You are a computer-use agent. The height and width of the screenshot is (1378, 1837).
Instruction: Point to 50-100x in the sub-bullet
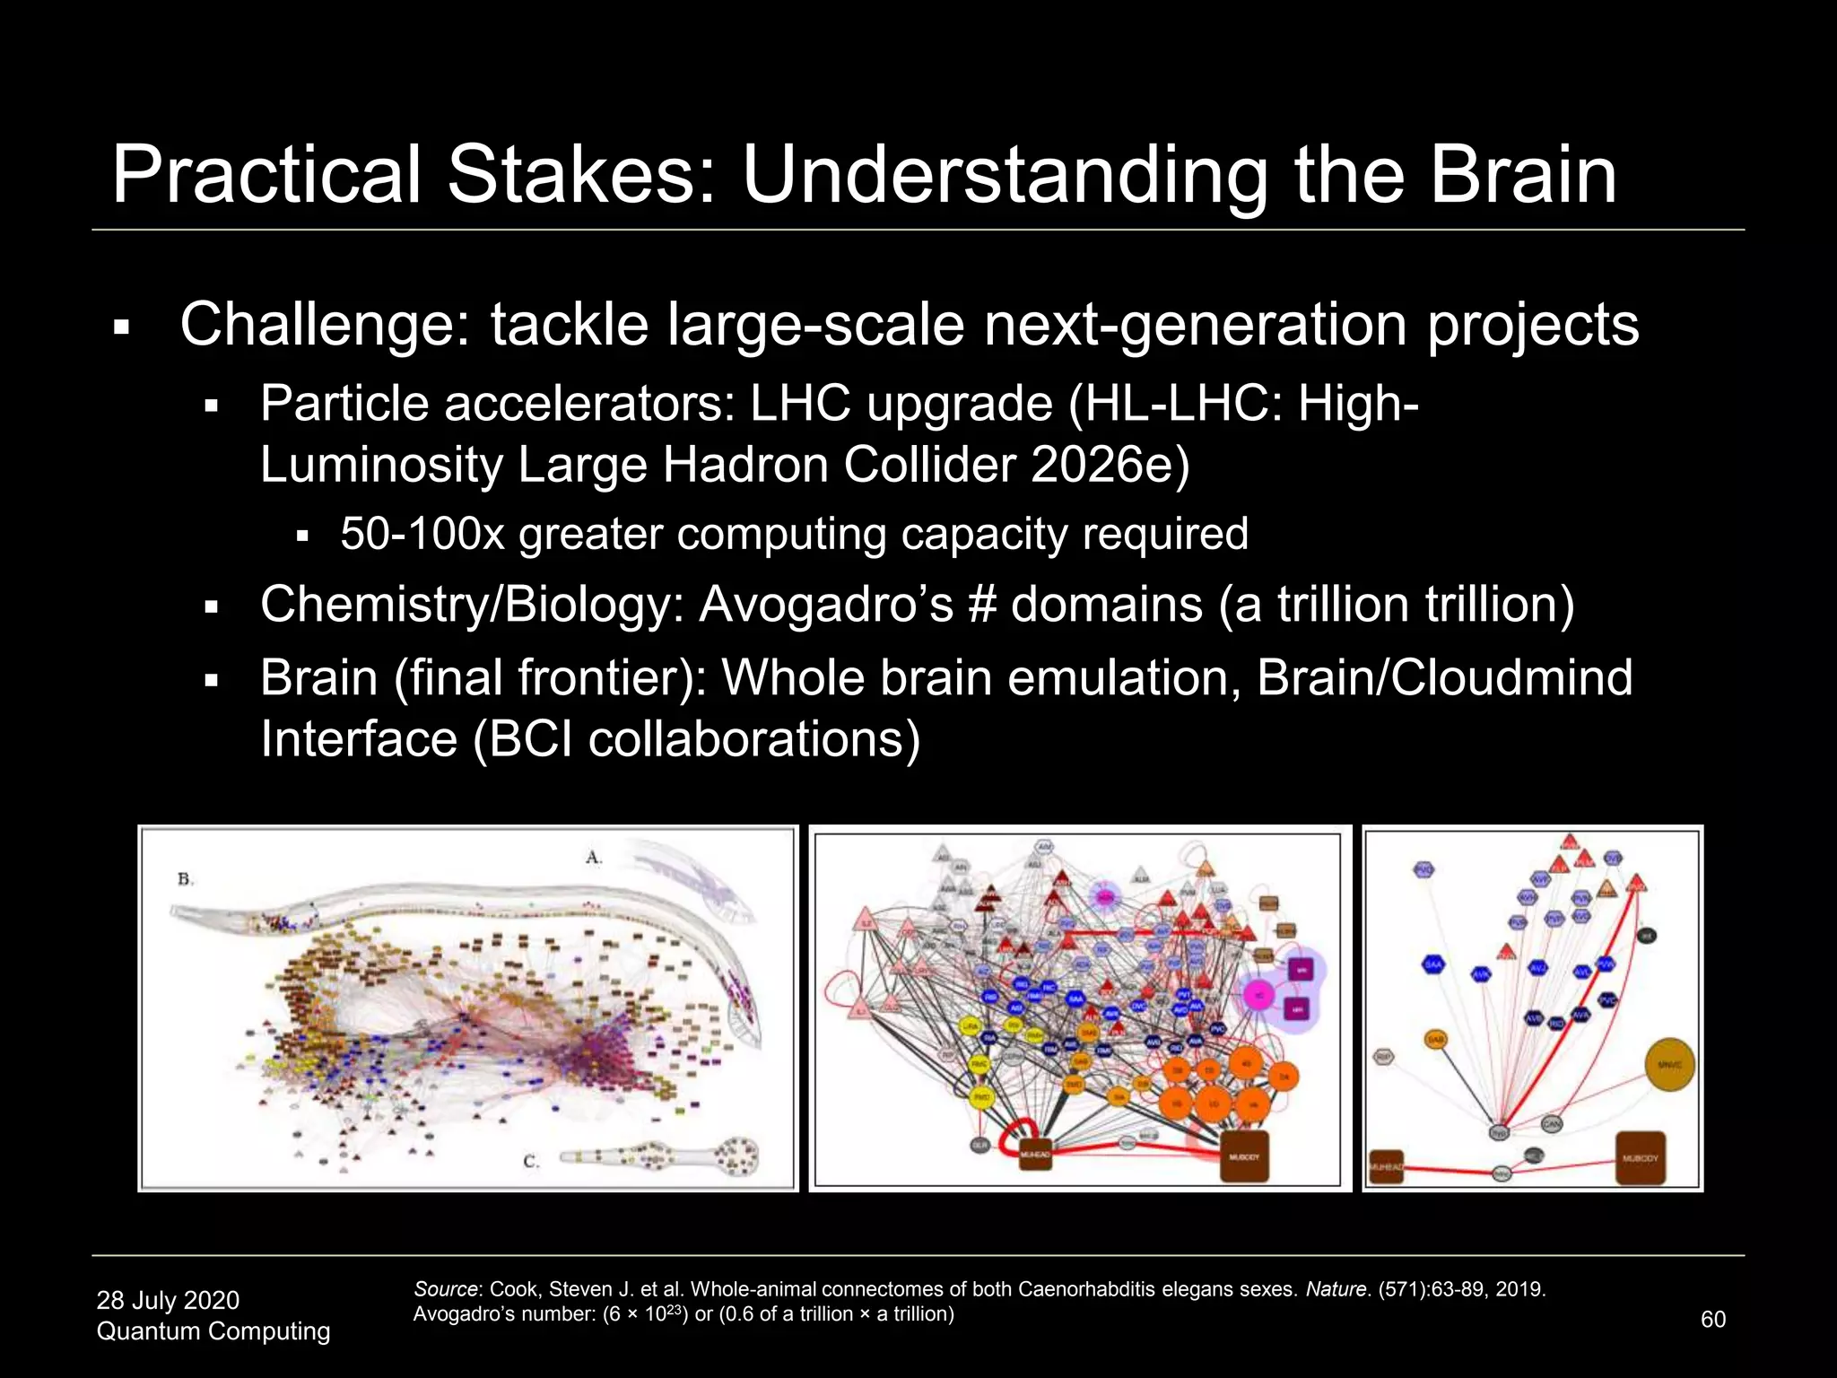422,534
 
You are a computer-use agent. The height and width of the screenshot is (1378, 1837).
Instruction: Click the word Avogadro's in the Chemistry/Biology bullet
825,604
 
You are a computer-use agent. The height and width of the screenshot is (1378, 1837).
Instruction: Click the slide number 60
1712,1319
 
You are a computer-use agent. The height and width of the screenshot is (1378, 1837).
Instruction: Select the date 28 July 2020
168,1300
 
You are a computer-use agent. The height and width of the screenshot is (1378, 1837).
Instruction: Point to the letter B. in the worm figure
185,879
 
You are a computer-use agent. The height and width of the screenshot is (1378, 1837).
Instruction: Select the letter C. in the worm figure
531,1162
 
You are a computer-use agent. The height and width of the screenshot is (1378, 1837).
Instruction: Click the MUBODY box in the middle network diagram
1243,1156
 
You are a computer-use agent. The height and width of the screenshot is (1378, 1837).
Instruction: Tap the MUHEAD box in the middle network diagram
1035,1155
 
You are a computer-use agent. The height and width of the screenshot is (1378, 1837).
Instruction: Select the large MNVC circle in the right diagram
1669,1065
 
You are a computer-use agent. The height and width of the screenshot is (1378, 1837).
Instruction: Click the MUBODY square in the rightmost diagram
1640,1158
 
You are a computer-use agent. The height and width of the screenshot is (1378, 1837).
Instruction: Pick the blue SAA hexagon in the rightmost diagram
1433,964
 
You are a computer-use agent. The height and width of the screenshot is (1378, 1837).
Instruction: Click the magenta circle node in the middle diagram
1259,996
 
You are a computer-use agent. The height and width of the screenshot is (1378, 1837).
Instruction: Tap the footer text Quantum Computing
213,1331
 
